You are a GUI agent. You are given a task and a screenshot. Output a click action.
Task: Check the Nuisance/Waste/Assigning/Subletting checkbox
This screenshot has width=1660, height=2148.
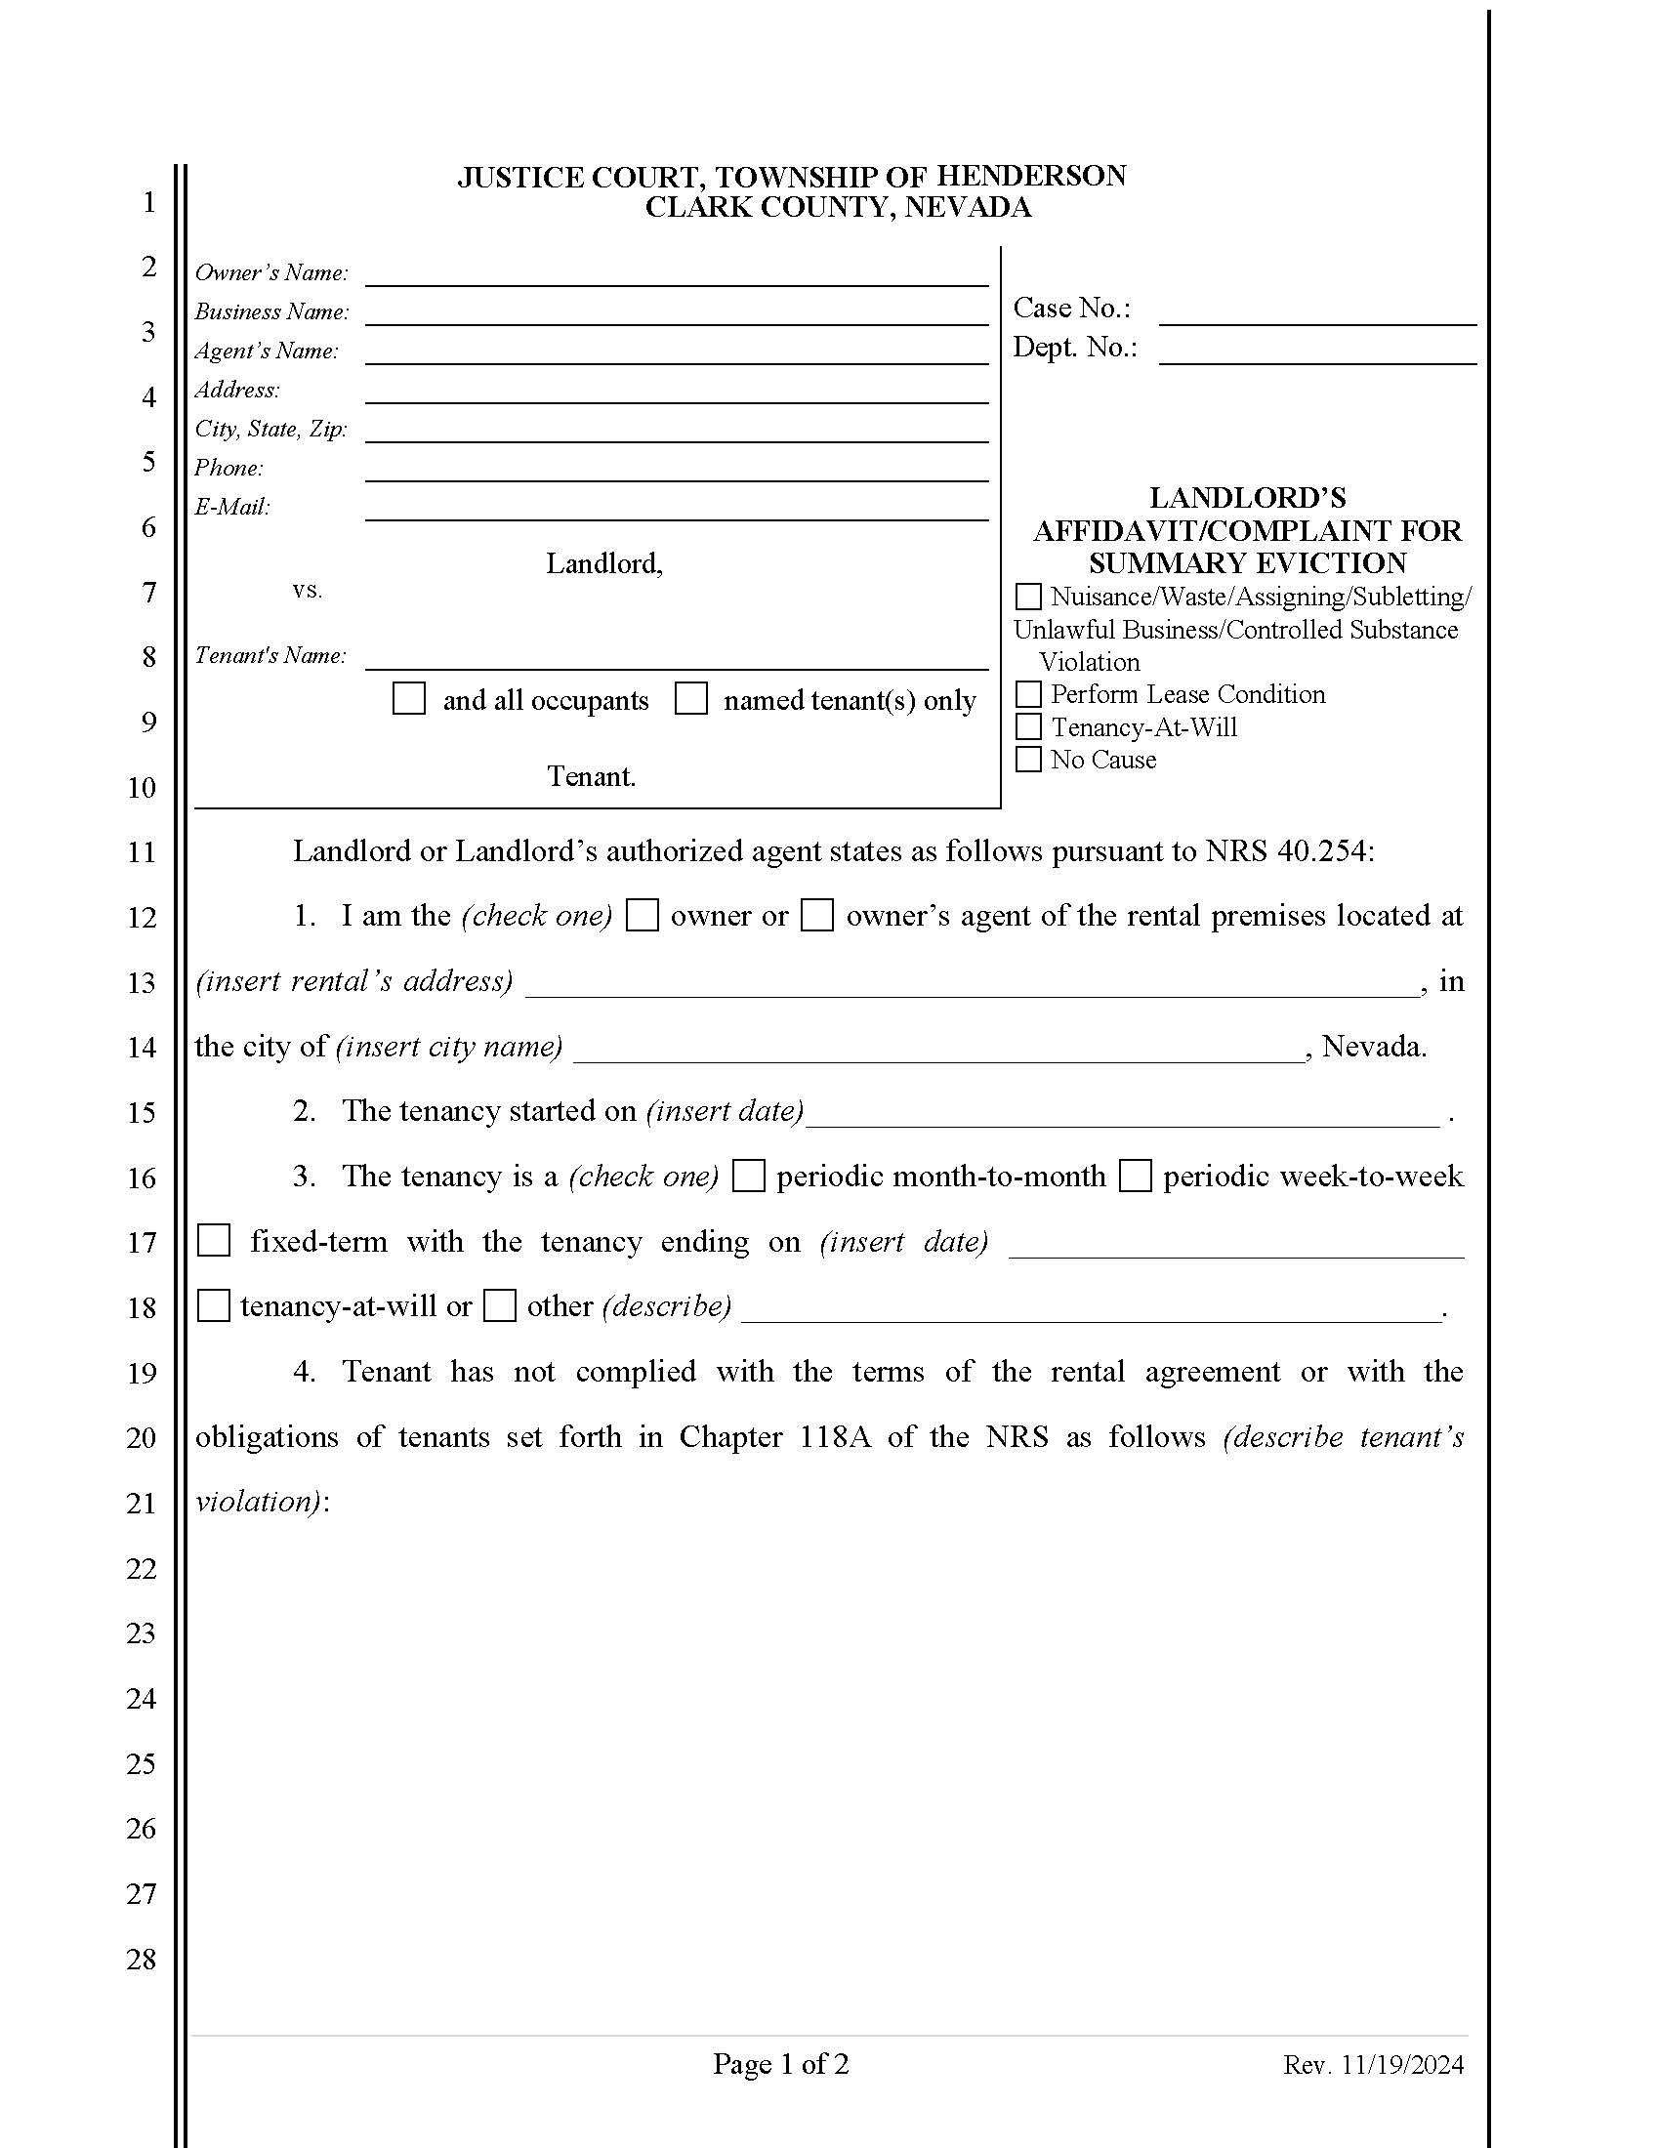click(x=1027, y=597)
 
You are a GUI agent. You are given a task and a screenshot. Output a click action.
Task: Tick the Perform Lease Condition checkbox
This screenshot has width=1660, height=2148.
click(x=1027, y=694)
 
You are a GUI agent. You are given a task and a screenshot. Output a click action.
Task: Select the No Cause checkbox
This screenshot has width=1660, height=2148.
click(x=1027, y=760)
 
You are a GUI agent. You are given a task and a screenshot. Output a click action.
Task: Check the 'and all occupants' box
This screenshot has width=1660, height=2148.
click(x=409, y=699)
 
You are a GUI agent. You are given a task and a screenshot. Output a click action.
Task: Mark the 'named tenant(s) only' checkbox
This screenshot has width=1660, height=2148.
click(x=691, y=699)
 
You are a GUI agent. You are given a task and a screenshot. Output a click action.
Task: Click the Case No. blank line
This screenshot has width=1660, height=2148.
click(x=1317, y=312)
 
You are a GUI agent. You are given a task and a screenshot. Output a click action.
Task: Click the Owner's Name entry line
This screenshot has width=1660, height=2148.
click(x=677, y=275)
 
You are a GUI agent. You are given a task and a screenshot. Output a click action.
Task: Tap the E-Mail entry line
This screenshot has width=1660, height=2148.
click(x=677, y=509)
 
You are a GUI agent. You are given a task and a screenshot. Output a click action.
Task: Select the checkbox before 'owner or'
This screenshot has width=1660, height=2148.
click(x=643, y=916)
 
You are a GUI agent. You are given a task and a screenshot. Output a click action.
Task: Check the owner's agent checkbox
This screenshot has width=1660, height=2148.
click(x=817, y=916)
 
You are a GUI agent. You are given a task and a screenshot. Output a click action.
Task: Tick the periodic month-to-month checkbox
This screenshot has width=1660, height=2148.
click(x=749, y=1177)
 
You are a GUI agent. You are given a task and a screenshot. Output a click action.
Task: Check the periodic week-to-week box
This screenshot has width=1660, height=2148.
click(x=1136, y=1177)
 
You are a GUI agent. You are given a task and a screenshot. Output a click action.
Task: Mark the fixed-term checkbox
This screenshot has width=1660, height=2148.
click(x=215, y=1241)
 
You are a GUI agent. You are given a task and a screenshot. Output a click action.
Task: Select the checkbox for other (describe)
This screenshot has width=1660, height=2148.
click(x=501, y=1306)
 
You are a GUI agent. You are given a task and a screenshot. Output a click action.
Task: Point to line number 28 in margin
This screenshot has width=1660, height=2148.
click(x=142, y=1960)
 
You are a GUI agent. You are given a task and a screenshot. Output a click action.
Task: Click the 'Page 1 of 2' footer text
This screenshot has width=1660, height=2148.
click(x=781, y=2063)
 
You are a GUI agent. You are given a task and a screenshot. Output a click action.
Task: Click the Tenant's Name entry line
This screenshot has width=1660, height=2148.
click(x=677, y=658)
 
